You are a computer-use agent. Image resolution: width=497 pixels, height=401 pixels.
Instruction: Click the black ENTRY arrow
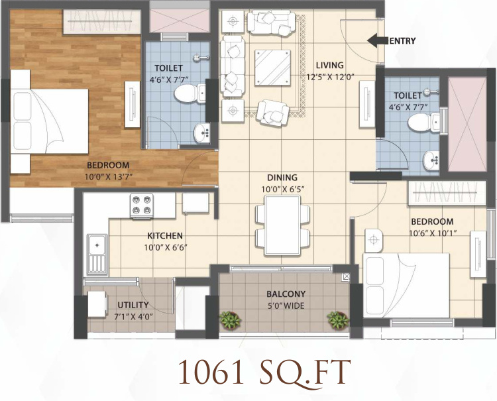tap(377, 40)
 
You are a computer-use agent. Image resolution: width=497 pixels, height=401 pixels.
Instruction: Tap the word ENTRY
tap(402, 41)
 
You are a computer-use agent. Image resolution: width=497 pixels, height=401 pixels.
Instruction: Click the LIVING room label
tap(329, 65)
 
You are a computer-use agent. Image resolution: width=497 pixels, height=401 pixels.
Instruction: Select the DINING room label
tap(282, 178)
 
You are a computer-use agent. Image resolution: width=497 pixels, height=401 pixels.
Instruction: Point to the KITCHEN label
tap(165, 236)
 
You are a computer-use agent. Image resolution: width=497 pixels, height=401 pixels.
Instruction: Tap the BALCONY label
tap(286, 294)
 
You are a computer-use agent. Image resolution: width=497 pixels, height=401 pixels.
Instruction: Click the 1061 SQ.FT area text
tap(264, 372)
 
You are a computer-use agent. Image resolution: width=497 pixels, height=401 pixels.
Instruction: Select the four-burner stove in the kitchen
tap(142, 205)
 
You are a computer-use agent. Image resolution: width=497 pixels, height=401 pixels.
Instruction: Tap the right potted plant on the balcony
tap(337, 320)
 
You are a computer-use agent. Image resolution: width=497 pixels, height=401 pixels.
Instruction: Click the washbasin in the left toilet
tap(199, 133)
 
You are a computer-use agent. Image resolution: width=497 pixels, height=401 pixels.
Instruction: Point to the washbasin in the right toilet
tap(431, 160)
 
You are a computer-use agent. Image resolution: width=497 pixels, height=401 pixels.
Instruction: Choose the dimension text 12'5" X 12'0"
tap(329, 76)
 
